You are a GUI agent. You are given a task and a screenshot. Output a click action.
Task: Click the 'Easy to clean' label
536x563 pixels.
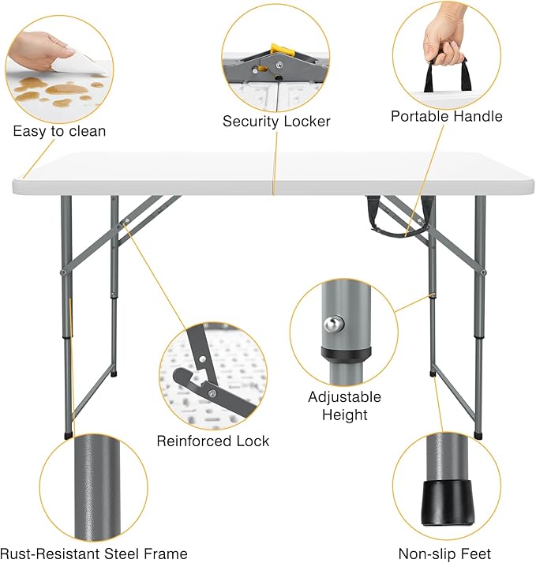(x=58, y=131)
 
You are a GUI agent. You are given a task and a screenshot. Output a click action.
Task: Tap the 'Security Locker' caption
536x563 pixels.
(x=275, y=122)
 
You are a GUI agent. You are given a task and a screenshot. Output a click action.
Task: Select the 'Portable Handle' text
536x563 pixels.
(x=446, y=116)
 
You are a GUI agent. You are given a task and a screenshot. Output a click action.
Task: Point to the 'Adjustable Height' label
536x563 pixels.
(x=344, y=406)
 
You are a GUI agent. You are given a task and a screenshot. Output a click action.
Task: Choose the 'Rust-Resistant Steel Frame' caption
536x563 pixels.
(x=94, y=554)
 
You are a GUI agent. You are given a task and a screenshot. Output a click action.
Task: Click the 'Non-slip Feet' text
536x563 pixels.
(x=445, y=554)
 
